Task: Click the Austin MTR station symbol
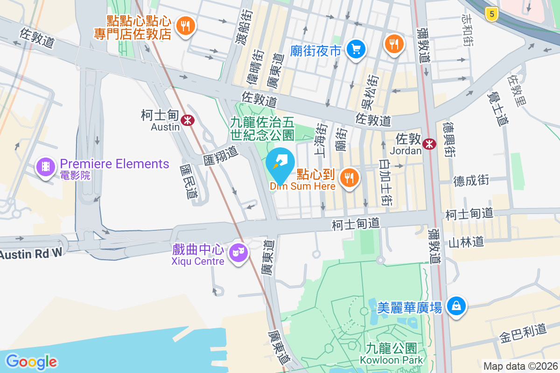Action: tap(188, 120)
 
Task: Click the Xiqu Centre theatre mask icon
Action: tap(238, 253)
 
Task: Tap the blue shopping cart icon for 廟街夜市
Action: tap(356, 48)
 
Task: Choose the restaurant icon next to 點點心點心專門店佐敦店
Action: tap(186, 26)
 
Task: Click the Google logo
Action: tap(31, 362)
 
